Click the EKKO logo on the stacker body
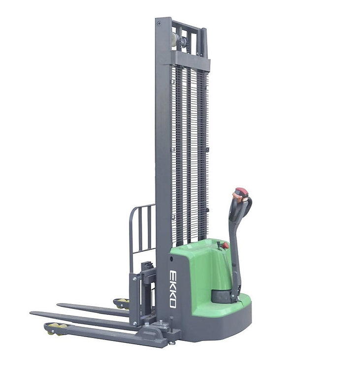pyautogui.click(x=173, y=288)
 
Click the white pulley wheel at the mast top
pyautogui.click(x=174, y=39)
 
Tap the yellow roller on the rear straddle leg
pyautogui.click(x=121, y=302)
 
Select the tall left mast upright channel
pyautogui.click(x=163, y=148)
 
